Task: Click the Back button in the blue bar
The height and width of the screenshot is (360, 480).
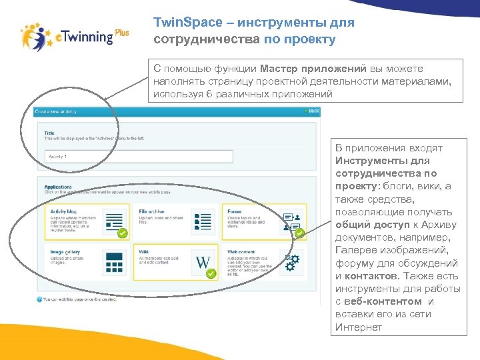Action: (x=313, y=111)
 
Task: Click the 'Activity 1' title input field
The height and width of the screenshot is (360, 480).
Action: (x=139, y=157)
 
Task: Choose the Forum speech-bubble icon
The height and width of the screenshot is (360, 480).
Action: (x=291, y=219)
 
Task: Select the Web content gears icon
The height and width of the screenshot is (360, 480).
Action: (x=291, y=261)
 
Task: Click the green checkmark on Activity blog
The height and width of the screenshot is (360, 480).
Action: (x=122, y=233)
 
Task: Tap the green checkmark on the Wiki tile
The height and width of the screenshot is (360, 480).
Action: (x=211, y=274)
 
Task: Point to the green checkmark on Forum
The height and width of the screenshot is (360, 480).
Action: (x=299, y=233)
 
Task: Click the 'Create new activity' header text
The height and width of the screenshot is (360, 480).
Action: (x=57, y=111)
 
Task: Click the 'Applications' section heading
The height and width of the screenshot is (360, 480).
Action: (x=59, y=186)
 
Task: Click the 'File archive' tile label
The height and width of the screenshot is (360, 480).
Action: (x=151, y=211)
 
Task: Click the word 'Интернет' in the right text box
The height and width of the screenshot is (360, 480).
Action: (x=359, y=327)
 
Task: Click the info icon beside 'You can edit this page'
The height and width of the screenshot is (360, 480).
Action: (x=39, y=299)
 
